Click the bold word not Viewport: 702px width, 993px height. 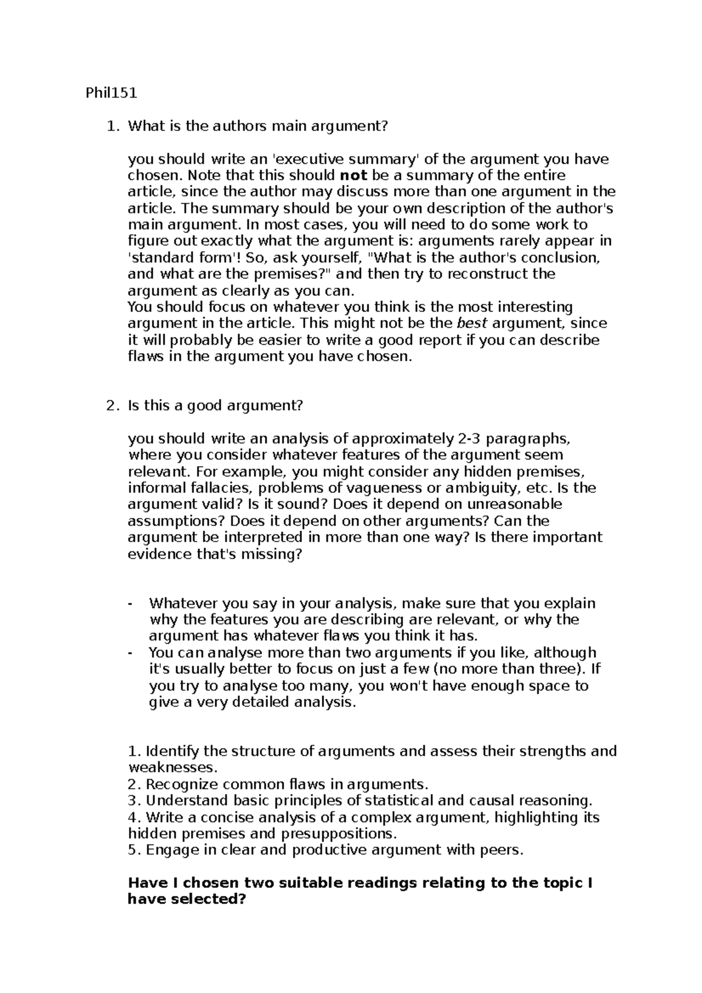coord(353,175)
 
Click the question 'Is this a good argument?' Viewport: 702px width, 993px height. coord(215,406)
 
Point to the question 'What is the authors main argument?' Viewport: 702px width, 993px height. coord(257,126)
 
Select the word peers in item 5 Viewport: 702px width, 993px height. coord(500,850)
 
